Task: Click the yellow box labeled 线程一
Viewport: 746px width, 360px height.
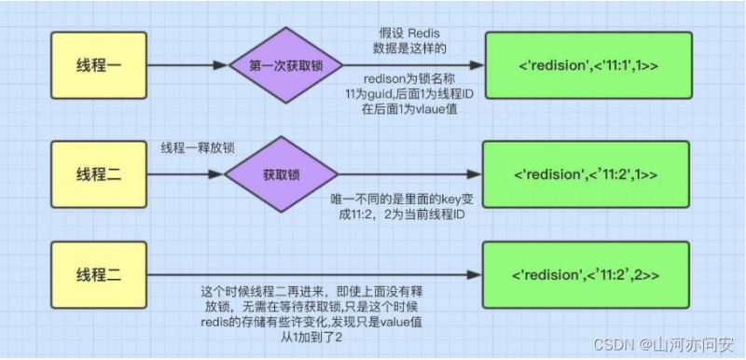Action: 99,65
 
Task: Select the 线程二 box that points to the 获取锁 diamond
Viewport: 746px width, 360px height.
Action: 99,174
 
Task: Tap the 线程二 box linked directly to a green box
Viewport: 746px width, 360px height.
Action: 99,275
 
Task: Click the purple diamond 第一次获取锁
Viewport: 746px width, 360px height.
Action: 285,65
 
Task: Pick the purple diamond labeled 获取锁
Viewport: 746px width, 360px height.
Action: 282,174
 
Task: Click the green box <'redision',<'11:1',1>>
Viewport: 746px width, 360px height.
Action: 588,65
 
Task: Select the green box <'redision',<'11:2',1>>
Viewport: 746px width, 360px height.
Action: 586,174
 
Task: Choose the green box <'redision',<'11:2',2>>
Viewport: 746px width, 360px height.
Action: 586,275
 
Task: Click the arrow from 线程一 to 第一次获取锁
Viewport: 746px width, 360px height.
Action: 188,65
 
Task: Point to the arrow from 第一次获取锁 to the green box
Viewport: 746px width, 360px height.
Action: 413,65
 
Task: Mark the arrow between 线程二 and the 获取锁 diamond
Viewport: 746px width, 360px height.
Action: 186,174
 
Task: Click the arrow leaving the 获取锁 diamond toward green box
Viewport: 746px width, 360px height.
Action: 409,174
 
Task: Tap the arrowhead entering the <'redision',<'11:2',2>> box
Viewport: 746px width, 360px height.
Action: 475,275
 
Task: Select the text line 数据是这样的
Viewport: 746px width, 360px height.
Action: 408,49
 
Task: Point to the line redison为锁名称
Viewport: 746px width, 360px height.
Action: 408,78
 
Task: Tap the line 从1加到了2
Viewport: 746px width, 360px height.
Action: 311,338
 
